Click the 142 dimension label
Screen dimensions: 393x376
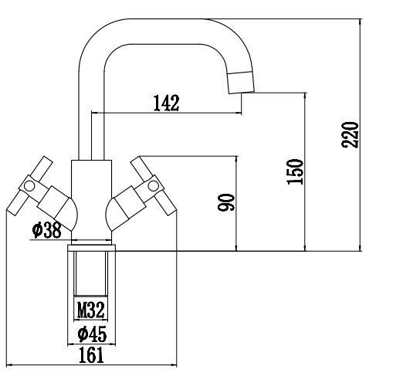pyautogui.click(x=166, y=103)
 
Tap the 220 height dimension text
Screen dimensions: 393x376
pyautogui.click(x=350, y=135)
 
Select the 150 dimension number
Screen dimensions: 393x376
pyautogui.click(x=295, y=171)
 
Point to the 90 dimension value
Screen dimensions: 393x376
pyautogui.click(x=226, y=202)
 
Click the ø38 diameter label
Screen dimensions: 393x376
pyautogui.click(x=47, y=230)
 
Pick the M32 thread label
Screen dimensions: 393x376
pyautogui.click(x=91, y=310)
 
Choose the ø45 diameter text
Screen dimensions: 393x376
pyautogui.click(x=92, y=334)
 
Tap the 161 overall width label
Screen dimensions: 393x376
pyautogui.click(x=91, y=355)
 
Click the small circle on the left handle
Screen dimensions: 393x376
pyautogui.click(x=29, y=186)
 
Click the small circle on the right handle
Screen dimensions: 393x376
pyautogui.click(x=154, y=185)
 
